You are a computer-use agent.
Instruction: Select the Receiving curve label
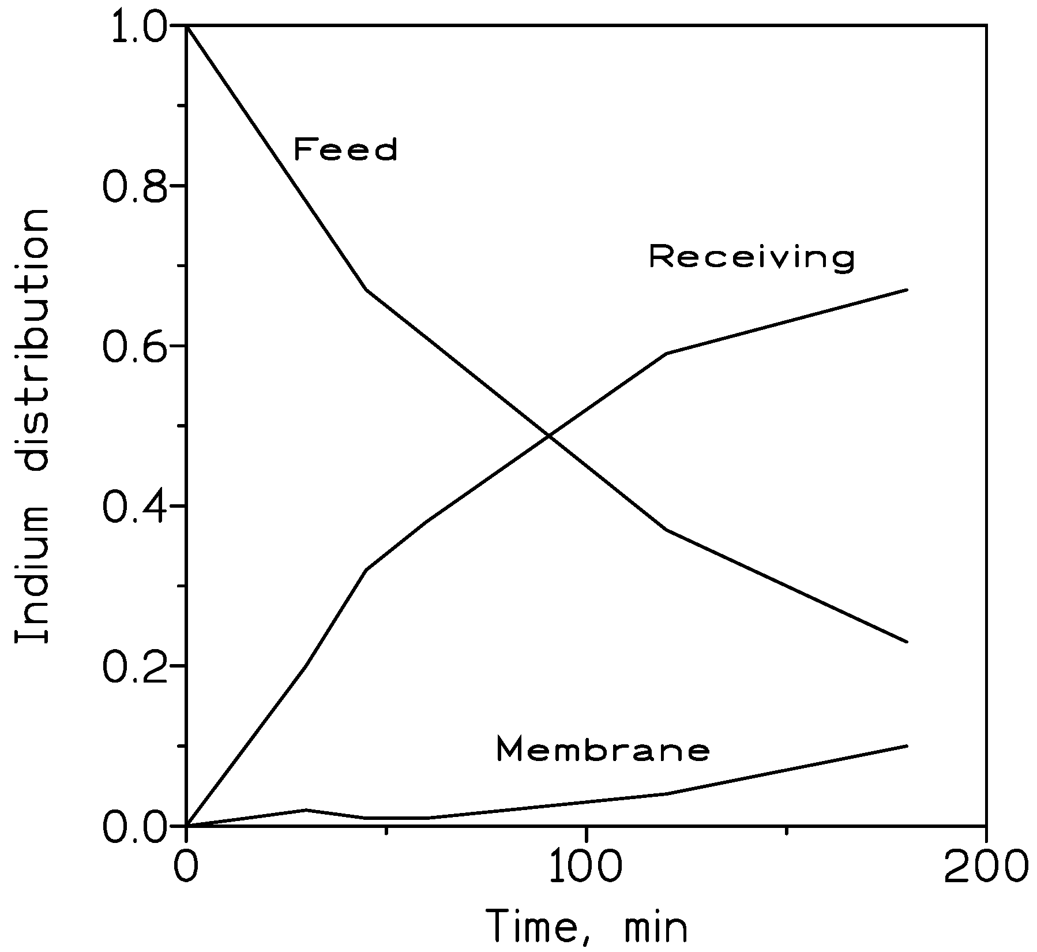pos(751,256)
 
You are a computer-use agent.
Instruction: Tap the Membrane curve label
pos(603,749)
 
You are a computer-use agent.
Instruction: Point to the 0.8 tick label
pos(137,185)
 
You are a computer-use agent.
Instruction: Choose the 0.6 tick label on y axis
pos(137,345)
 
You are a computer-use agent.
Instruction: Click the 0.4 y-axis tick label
pos(137,505)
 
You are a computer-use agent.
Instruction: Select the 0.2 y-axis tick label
pos(137,665)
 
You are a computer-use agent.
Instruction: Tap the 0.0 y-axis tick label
pos(137,826)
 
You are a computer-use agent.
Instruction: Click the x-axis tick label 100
pos(586,864)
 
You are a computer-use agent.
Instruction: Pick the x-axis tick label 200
pos(985,864)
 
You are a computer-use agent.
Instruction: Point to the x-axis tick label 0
pos(186,864)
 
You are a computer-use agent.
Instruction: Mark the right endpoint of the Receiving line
pos(907,289)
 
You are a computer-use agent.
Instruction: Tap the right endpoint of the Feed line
pos(907,642)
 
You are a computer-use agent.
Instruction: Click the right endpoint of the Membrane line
pos(907,745)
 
